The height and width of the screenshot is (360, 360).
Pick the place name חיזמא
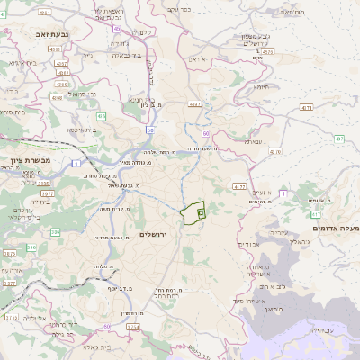point(262,87)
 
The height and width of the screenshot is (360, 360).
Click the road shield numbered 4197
point(193,104)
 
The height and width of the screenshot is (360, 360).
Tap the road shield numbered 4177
point(238,186)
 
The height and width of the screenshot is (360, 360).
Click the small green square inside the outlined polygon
point(201,213)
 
